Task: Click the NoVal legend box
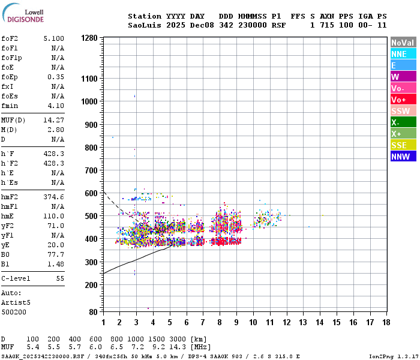pyautogui.click(x=403, y=43)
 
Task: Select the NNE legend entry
pyautogui.click(x=403, y=54)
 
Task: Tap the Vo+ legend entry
pyautogui.click(x=403, y=100)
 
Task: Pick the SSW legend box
pyautogui.click(x=403, y=111)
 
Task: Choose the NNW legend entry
pyautogui.click(x=403, y=157)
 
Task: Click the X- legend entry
pyautogui.click(x=403, y=122)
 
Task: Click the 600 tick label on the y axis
pyautogui.click(x=91, y=193)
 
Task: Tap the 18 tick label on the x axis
pyautogui.click(x=386, y=323)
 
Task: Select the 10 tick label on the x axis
pyautogui.click(x=253, y=323)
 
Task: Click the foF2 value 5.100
pyautogui.click(x=54, y=38)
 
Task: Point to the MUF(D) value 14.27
pyautogui.click(x=54, y=119)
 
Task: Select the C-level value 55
pyautogui.click(x=60, y=279)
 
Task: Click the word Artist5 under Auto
pyautogui.click(x=14, y=302)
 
